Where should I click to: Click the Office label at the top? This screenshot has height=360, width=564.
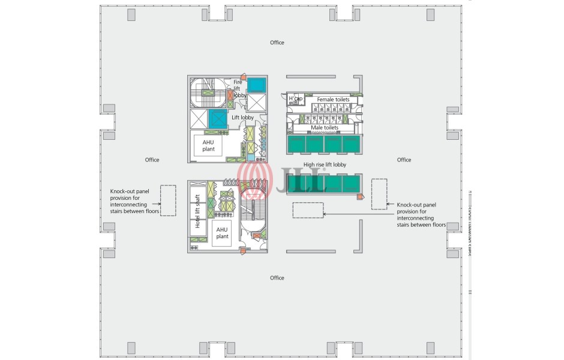[x=277, y=43]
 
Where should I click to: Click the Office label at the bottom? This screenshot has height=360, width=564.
[x=277, y=278]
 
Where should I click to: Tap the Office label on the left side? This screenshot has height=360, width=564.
[x=152, y=160]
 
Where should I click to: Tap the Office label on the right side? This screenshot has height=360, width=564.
[x=404, y=160]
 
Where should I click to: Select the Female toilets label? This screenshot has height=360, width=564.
[x=329, y=100]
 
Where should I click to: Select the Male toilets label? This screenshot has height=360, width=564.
[x=324, y=128]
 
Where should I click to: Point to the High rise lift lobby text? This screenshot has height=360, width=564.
[x=325, y=164]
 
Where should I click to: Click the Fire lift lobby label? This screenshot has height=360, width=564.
[x=238, y=88]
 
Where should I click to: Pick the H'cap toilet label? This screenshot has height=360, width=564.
[x=295, y=98]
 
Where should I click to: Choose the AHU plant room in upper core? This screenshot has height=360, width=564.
[x=208, y=145]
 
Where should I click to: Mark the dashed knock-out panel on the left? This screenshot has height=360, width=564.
[x=167, y=200]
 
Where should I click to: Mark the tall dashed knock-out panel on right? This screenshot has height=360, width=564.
[x=379, y=194]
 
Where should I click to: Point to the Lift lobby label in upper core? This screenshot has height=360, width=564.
[x=243, y=118]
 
